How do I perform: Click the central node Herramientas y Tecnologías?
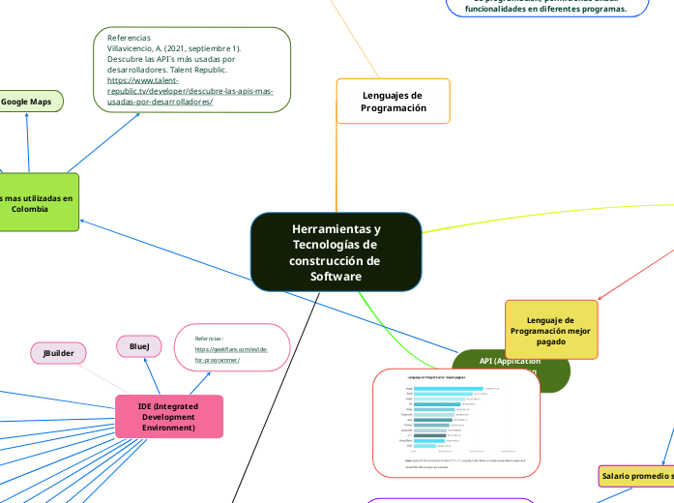pyautogui.click(x=336, y=252)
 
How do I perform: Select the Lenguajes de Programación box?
pyautogui.click(x=394, y=102)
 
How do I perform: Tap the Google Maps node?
pyautogui.click(x=27, y=101)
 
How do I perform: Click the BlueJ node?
pyautogui.click(x=139, y=345)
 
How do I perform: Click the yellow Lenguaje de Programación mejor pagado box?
pyautogui.click(x=551, y=330)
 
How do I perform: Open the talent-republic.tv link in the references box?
pyautogui.click(x=190, y=91)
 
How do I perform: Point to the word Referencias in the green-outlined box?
pyautogui.click(x=130, y=37)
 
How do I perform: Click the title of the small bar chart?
pyautogui.click(x=436, y=377)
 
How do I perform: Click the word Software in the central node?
pyautogui.click(x=336, y=278)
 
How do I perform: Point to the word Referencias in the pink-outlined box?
pyautogui.click(x=209, y=339)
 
